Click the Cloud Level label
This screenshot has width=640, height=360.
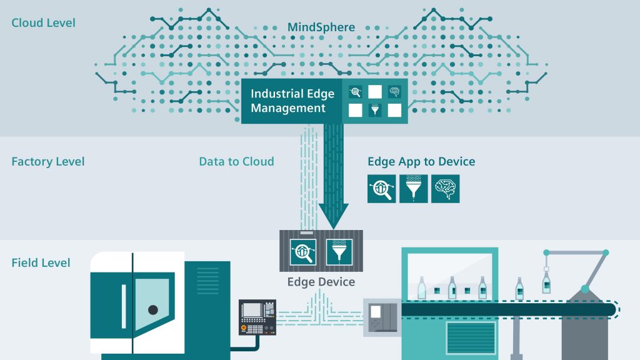click(x=43, y=23)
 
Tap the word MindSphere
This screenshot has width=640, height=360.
click(x=321, y=27)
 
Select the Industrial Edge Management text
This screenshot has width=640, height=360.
click(x=292, y=101)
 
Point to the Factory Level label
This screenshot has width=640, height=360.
click(x=47, y=162)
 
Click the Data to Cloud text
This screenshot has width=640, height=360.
click(x=236, y=161)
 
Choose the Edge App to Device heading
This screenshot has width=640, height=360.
click(x=421, y=161)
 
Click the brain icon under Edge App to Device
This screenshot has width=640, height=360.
click(x=445, y=189)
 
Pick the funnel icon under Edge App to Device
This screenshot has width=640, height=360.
click(x=413, y=189)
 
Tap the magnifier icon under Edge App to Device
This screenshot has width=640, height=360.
click(x=381, y=189)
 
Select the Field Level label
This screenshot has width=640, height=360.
click(x=41, y=262)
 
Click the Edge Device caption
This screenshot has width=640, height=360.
click(x=321, y=282)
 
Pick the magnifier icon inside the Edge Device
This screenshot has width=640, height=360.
click(x=304, y=251)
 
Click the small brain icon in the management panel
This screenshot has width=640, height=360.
click(x=394, y=91)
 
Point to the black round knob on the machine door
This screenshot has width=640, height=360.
click(x=152, y=309)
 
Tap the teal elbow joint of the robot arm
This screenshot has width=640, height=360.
click(x=584, y=289)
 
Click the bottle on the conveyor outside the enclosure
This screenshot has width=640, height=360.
click(x=519, y=288)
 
